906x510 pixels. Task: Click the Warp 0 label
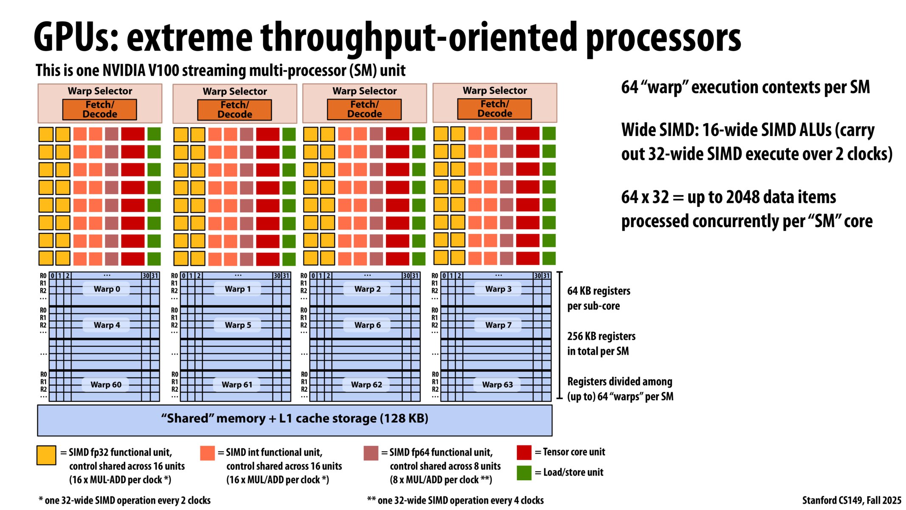tap(107, 289)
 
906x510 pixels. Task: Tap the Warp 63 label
tap(497, 385)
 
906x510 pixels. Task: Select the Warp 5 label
tap(238, 325)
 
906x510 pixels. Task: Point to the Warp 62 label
tap(367, 385)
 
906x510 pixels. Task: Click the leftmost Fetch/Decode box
tap(99, 110)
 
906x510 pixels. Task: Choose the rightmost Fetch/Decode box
tap(494, 109)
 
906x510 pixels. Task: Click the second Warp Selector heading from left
tap(234, 91)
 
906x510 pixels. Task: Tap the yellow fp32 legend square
tap(46, 455)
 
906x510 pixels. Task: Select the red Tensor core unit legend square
tap(524, 452)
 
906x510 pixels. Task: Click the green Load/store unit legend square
tap(524, 473)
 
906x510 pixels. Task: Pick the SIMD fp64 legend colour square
tap(371, 453)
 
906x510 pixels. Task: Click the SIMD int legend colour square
tap(207, 453)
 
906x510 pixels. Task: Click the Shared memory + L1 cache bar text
tap(294, 419)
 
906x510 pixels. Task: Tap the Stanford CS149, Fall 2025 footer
tap(851, 500)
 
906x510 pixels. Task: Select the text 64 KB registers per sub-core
tap(598, 298)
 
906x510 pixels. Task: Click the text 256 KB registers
tap(601, 336)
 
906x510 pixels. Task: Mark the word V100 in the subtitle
tap(164, 71)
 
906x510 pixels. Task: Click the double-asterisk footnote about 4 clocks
tap(455, 500)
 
